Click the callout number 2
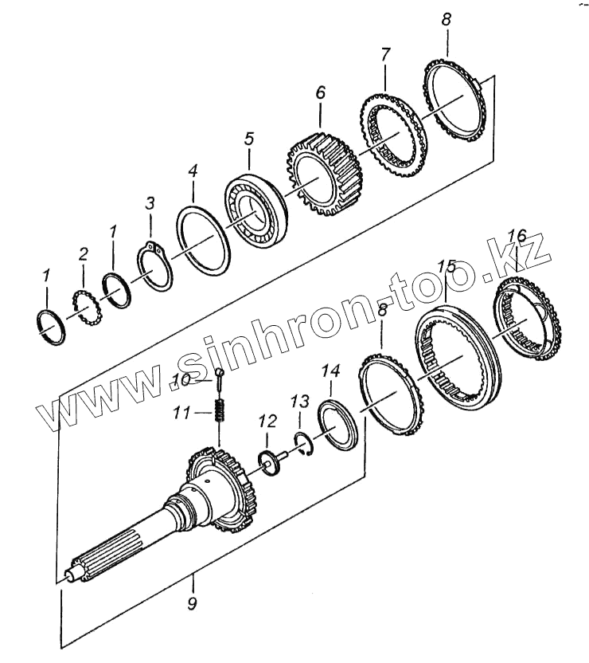pos(83,254)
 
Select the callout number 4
pos(192,171)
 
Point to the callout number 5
pos(248,139)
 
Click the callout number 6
pos(320,92)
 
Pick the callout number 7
pos(385,56)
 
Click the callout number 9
pos(192,604)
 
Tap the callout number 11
pos(181,413)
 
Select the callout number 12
pos(267,420)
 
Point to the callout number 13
pos(298,399)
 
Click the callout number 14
pos(330,371)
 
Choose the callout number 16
pos(517,236)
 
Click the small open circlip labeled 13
pos(304,443)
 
